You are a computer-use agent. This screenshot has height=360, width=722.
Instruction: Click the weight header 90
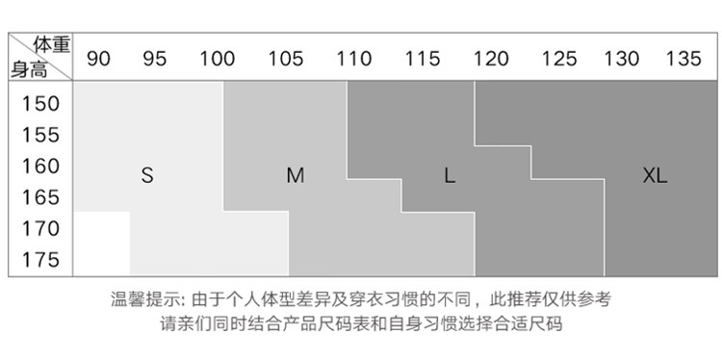click(x=98, y=59)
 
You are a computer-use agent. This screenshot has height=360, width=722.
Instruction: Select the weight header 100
click(x=217, y=59)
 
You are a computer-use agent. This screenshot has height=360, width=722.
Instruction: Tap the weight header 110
click(x=353, y=59)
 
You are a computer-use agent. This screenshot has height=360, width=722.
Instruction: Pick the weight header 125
click(x=559, y=59)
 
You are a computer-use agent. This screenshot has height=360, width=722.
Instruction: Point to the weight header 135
click(x=683, y=59)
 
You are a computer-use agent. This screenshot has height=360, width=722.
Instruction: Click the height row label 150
click(x=41, y=104)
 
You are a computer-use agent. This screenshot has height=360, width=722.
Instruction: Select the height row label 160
click(x=41, y=167)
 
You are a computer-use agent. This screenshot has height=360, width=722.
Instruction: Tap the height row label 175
click(x=41, y=260)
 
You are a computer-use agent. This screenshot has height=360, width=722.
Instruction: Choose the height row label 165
click(x=41, y=197)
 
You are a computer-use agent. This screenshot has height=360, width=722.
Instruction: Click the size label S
click(x=147, y=175)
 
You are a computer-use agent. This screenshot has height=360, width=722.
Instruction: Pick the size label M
click(x=296, y=175)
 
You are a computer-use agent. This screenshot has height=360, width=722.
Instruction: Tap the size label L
click(x=450, y=175)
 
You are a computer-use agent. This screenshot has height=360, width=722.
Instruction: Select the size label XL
click(x=655, y=175)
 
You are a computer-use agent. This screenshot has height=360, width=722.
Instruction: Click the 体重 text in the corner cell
click(x=52, y=44)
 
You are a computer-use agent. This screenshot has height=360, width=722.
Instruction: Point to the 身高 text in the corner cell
click(x=29, y=70)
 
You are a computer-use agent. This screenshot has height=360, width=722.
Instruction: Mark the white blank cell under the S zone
click(x=102, y=244)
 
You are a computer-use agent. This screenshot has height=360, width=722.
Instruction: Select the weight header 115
click(x=423, y=59)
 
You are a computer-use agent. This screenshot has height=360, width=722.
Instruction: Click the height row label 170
click(x=41, y=229)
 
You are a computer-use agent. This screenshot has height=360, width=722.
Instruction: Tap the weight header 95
click(x=154, y=59)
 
